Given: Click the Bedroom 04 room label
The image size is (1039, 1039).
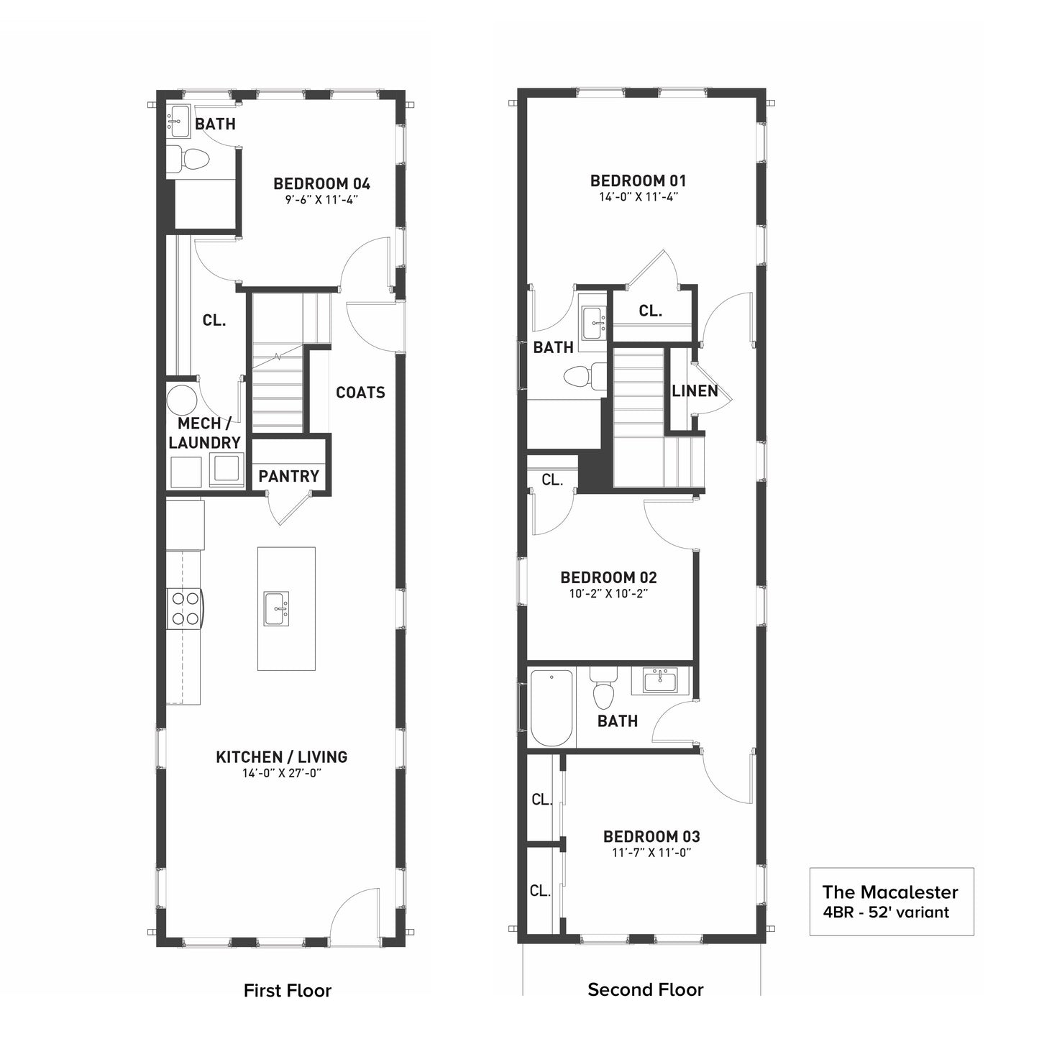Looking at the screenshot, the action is (x=322, y=184).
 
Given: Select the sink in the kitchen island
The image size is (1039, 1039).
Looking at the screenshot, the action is (x=277, y=609).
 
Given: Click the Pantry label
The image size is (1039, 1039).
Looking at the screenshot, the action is (x=288, y=476).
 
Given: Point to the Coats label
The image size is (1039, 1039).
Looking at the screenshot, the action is (x=360, y=393).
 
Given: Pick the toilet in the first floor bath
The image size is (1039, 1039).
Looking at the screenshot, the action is (x=187, y=160).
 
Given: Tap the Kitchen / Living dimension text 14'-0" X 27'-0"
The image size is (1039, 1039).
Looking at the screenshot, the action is (x=282, y=773).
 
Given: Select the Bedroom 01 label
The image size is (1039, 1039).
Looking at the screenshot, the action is (x=638, y=180).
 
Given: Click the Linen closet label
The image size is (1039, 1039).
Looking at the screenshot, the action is (x=695, y=391).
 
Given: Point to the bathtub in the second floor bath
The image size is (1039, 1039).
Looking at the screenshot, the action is (x=551, y=708).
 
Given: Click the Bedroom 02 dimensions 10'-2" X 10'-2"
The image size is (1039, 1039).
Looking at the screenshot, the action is (x=608, y=594).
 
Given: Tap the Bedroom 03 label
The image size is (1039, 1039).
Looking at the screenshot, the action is (x=651, y=837).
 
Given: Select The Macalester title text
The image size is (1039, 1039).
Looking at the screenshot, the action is (x=890, y=892).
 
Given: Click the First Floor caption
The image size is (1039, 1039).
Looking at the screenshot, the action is (x=288, y=990).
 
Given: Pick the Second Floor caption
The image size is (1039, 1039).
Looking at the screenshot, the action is (x=646, y=989).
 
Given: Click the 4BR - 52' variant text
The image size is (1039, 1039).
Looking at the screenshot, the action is (x=885, y=912).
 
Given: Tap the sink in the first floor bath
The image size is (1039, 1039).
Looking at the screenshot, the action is (x=178, y=122).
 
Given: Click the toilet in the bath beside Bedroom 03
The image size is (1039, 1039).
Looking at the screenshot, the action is (x=603, y=689).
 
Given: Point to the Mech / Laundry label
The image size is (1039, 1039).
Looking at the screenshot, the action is (x=204, y=433).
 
